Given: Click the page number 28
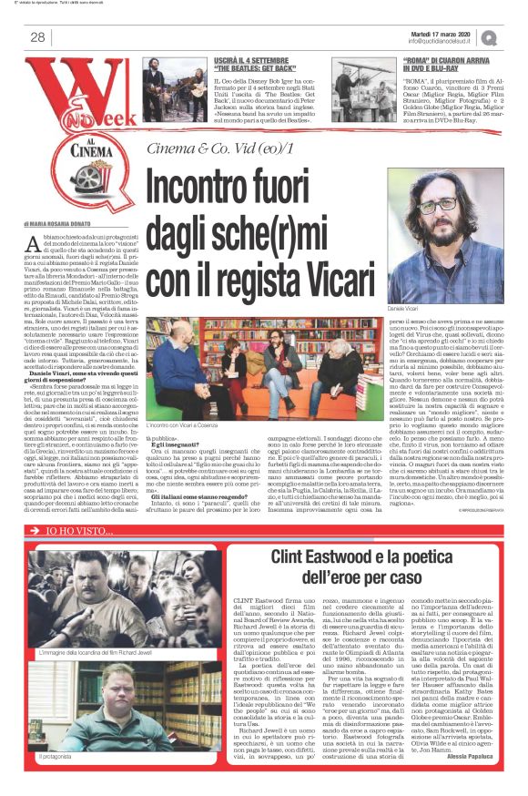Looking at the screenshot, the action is (39, 36).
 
